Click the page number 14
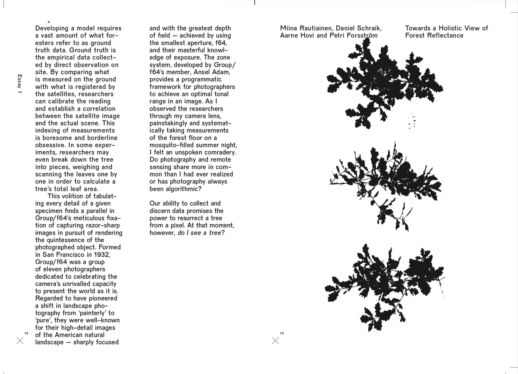coord(26,333)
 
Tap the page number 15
coord(281,333)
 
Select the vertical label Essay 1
coord(19,84)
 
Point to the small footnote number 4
coord(49,22)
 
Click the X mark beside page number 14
coord(20,341)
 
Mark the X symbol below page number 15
coord(276,341)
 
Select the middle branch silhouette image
coord(385,186)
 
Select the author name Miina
coord(289,28)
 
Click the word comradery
coord(218,152)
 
